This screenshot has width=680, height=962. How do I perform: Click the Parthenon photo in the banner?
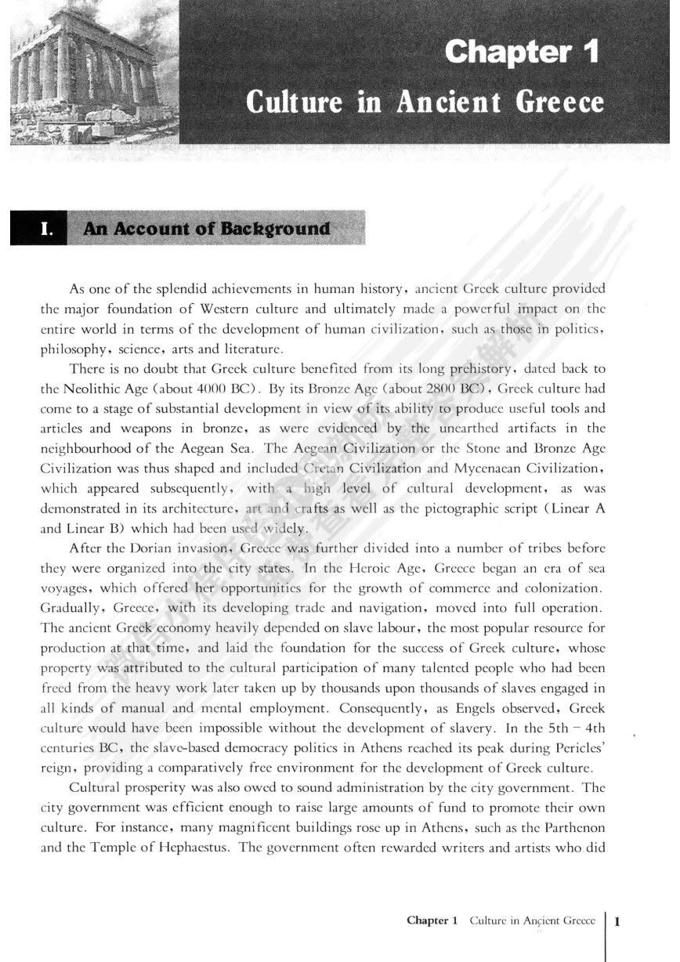tap(94, 74)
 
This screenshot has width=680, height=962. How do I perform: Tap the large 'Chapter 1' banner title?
tap(522, 53)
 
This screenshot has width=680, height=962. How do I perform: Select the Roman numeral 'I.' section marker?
tap(46, 229)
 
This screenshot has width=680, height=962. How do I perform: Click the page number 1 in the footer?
tap(619, 921)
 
